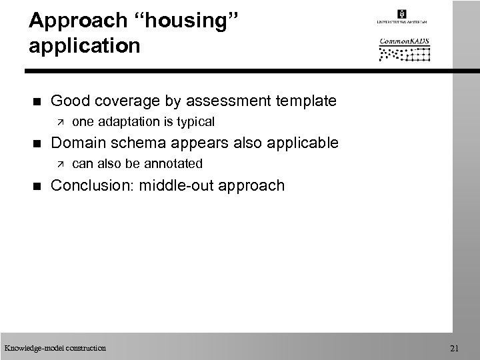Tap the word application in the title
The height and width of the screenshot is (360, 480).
(85, 47)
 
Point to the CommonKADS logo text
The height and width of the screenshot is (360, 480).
(405, 41)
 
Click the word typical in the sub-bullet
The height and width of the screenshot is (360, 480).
(193, 122)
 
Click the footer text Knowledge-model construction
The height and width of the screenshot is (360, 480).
(54, 347)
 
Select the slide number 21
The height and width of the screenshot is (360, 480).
(455, 347)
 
